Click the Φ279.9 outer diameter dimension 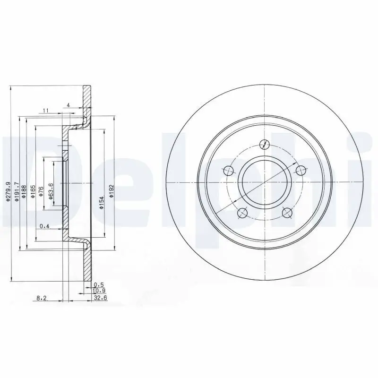8,192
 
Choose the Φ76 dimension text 42,191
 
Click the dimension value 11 45,111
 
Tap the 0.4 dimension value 44,226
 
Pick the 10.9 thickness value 99,291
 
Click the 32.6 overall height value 99,297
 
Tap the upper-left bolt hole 229,170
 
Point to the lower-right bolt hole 286,212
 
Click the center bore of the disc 264,182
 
